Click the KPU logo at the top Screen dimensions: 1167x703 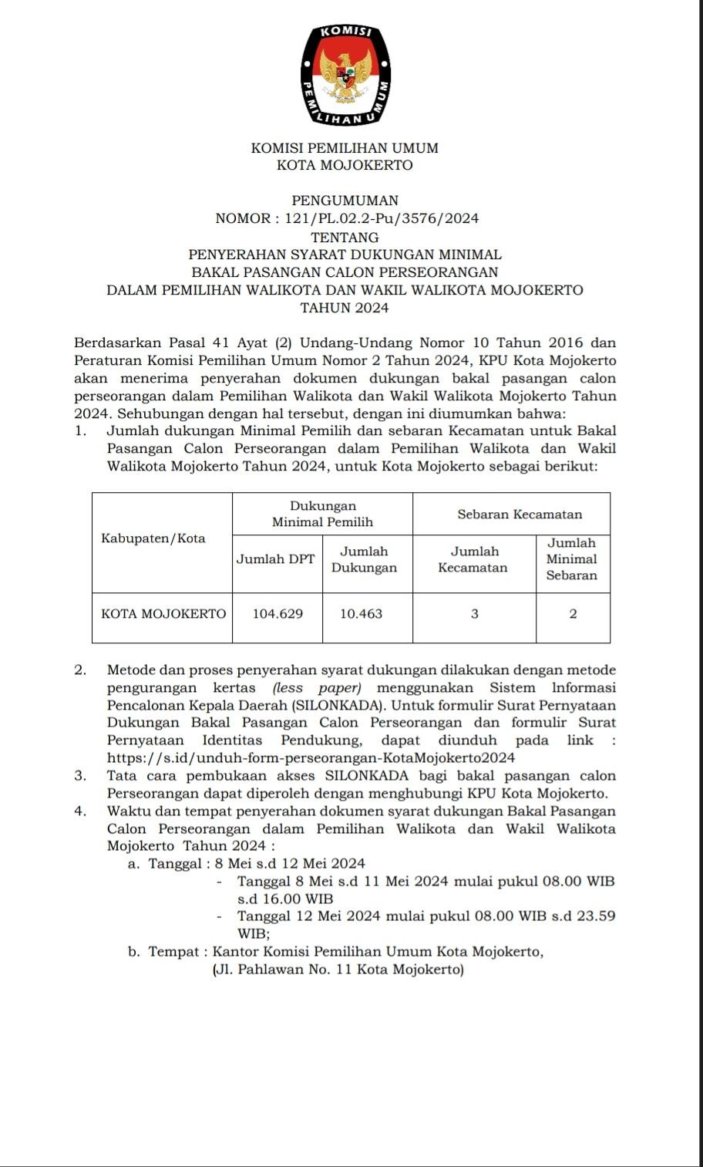pos(345,75)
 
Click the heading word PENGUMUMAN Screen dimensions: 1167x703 pos(345,201)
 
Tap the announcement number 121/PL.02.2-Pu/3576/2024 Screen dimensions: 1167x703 pos(382,218)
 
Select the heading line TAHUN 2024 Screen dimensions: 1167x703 pos(345,308)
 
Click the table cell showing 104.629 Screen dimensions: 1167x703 pos(277,614)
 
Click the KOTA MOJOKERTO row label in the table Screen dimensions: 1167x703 pos(163,614)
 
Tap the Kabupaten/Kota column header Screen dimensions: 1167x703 pos(153,538)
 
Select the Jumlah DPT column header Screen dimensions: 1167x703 pos(275,559)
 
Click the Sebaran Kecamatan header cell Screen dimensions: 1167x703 pos(520,514)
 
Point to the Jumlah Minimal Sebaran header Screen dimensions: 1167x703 pos(572,559)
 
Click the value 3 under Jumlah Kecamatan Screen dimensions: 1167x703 pos(475,614)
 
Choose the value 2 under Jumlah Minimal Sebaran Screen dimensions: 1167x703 pos(573,614)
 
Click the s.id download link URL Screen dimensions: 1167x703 pos(311,757)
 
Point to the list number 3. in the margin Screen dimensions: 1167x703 pos(80,776)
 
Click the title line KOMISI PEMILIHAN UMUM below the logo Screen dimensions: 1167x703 pos(345,147)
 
